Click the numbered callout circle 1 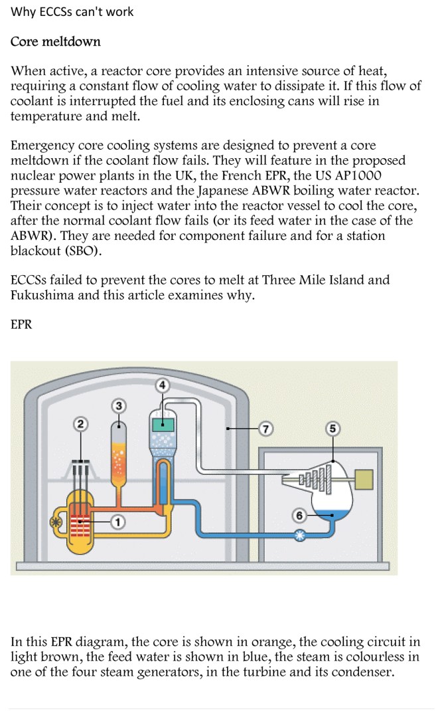(117, 522)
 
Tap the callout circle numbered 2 (81, 424)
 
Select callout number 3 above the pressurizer (119, 405)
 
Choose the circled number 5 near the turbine (333, 429)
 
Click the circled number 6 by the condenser (299, 515)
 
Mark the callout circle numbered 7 (265, 429)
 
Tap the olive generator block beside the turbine (362, 478)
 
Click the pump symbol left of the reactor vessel (55, 522)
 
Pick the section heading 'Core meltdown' (56, 42)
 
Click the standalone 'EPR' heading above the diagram (22, 325)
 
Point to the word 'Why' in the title (23, 12)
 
